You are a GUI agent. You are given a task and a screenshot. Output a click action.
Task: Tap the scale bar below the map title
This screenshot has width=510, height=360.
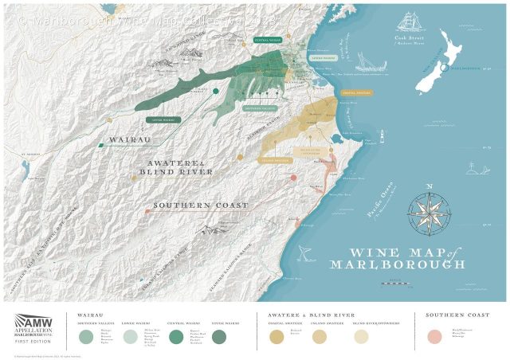[397, 280]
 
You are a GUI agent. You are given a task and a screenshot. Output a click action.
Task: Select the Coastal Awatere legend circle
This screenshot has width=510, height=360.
[277, 337]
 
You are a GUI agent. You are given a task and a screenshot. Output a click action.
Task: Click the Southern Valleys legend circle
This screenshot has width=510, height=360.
[85, 337]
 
